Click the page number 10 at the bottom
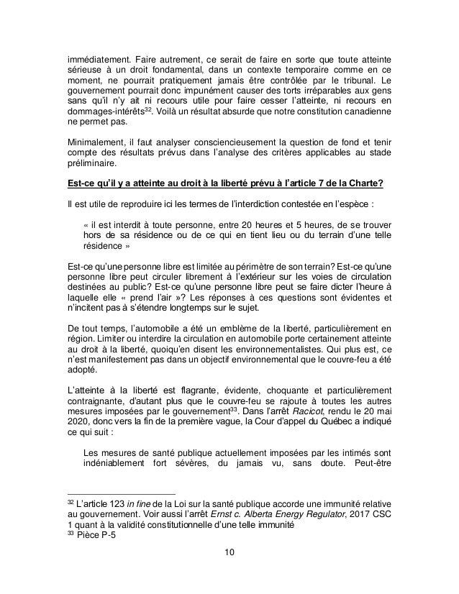tap(229, 552)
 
